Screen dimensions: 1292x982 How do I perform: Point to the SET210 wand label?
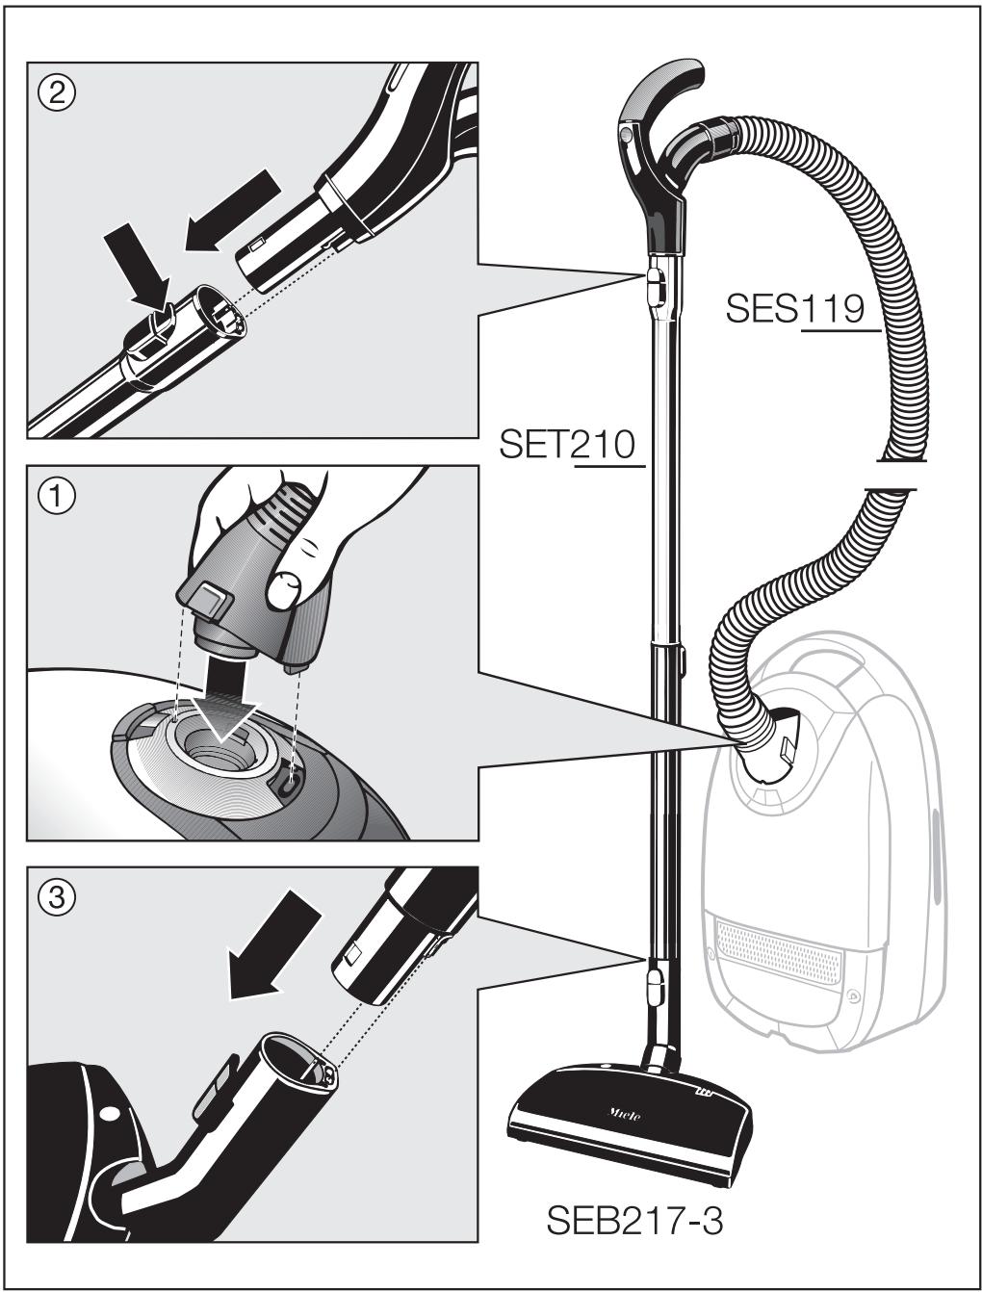(567, 445)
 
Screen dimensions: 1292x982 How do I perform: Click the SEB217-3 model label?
(634, 1222)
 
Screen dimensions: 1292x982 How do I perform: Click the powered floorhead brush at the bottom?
(631, 1117)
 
